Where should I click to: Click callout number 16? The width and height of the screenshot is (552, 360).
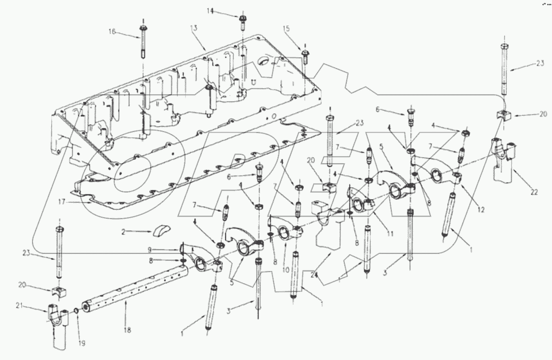(112, 31)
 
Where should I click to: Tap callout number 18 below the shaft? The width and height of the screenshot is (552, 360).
(128, 331)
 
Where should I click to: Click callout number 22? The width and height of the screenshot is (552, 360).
(534, 192)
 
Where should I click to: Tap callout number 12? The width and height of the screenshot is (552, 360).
(481, 210)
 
